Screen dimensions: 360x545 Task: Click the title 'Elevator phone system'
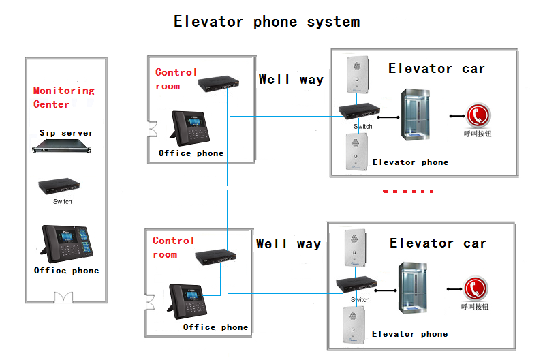click(266, 22)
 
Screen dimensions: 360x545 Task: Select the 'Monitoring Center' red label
click(63, 97)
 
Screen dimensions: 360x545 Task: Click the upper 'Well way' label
click(291, 80)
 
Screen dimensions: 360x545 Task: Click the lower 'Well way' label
click(288, 243)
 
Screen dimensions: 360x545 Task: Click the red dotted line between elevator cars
click(408, 192)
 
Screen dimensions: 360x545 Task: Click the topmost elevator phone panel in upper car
click(356, 74)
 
